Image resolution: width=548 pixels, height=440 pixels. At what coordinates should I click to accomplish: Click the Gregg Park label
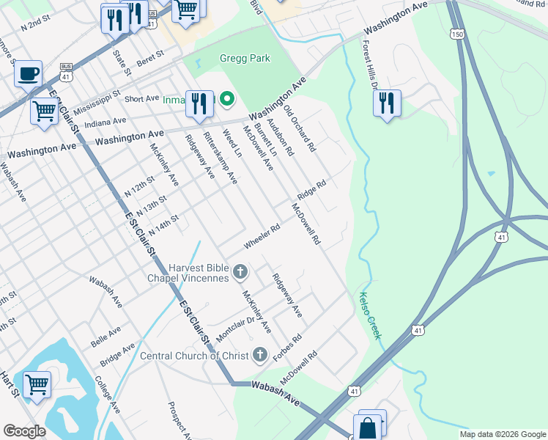(245, 59)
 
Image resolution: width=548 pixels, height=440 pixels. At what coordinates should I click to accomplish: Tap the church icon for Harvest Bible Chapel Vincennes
(240, 274)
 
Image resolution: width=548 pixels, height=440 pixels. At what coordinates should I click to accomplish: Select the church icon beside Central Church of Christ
(259, 356)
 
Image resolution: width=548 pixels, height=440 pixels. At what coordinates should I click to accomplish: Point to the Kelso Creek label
(370, 315)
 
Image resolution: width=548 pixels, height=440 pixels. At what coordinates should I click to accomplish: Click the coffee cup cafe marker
(28, 73)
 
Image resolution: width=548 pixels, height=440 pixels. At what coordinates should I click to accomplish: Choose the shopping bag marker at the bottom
(368, 428)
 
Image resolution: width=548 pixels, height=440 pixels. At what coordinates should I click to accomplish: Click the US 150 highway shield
(457, 35)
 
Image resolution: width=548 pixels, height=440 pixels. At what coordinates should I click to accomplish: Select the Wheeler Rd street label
(262, 236)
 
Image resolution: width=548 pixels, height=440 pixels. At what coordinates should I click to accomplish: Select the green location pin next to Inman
(227, 99)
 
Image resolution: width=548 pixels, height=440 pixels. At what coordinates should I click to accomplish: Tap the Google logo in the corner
(24, 430)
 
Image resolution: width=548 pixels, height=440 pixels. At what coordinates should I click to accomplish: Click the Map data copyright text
(502, 434)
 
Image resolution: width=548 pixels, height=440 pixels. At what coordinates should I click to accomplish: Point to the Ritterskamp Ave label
(221, 158)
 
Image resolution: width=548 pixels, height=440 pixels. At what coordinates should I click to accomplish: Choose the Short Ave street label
(142, 98)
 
